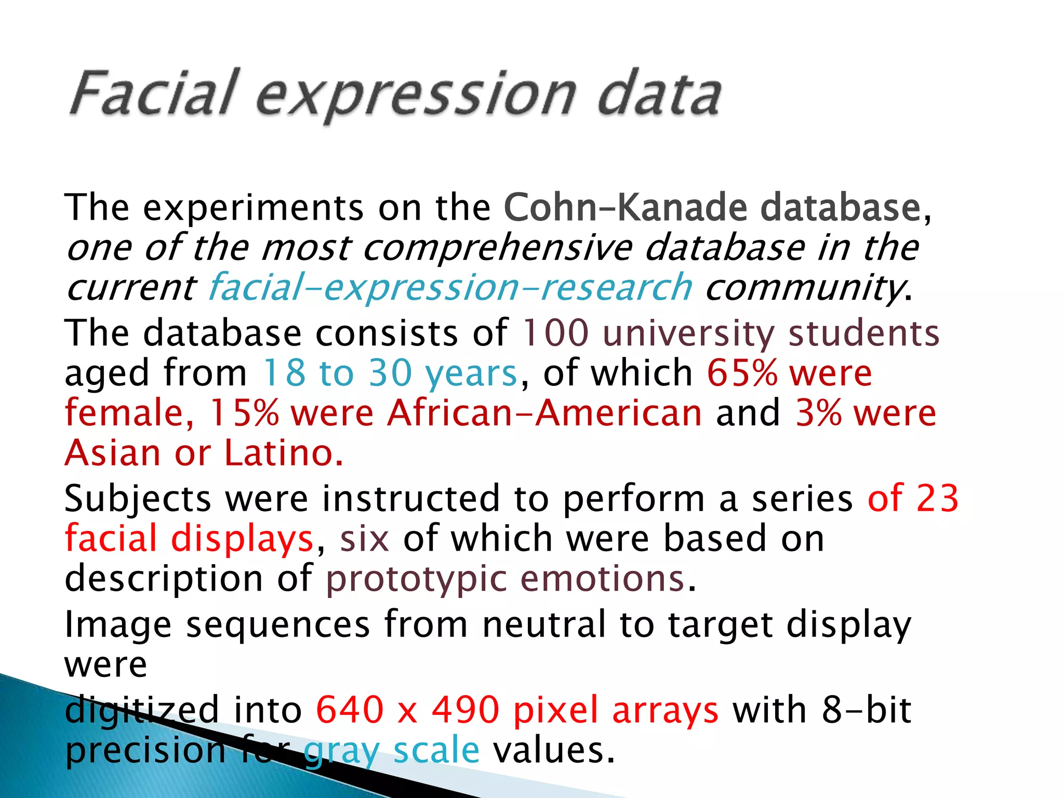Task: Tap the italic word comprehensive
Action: (497, 248)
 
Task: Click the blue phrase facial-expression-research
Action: (450, 288)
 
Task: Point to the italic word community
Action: (804, 288)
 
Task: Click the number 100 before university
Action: (555, 332)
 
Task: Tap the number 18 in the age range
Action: (284, 373)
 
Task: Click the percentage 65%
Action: (742, 373)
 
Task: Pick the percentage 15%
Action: (244, 413)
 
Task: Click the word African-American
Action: (544, 413)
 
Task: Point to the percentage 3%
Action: (818, 413)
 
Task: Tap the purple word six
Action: (364, 538)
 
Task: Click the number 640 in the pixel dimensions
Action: (349, 710)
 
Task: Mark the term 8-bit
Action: (866, 710)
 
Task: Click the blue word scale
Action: (436, 750)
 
